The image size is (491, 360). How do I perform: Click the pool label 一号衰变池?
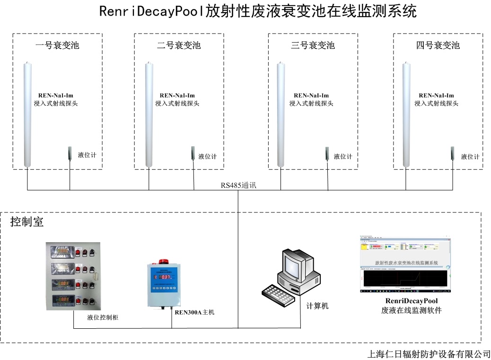click(x=57, y=45)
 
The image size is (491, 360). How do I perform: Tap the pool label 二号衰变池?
click(x=179, y=45)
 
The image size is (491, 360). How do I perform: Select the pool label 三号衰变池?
click(x=313, y=45)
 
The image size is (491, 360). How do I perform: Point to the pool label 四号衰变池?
click(x=438, y=45)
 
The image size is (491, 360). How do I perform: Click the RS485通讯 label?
click(x=238, y=185)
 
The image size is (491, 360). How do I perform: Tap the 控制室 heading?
click(x=27, y=222)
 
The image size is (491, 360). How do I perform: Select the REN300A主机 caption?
click(x=194, y=312)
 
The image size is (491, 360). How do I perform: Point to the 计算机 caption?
click(x=317, y=306)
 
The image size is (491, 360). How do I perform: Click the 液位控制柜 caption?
click(x=103, y=317)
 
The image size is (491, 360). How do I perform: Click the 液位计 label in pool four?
click(x=470, y=157)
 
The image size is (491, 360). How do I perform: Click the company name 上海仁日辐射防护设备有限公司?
click(x=429, y=354)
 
